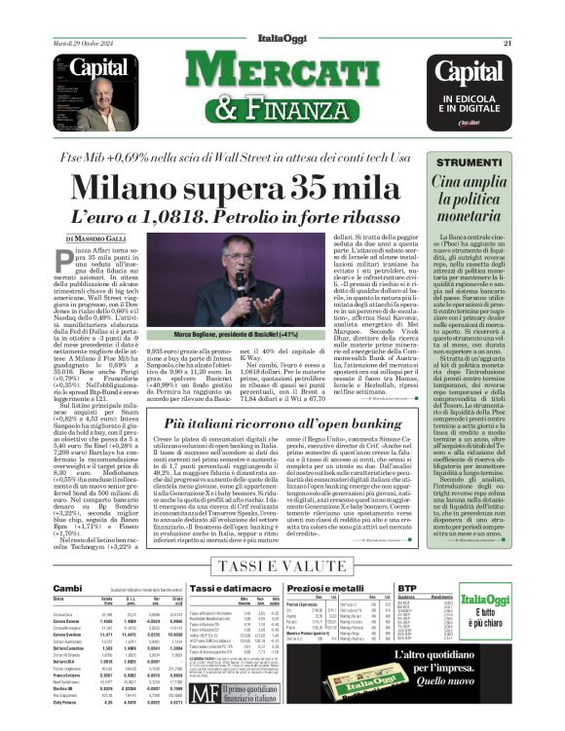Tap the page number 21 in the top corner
[508, 43]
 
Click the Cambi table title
[67, 589]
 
